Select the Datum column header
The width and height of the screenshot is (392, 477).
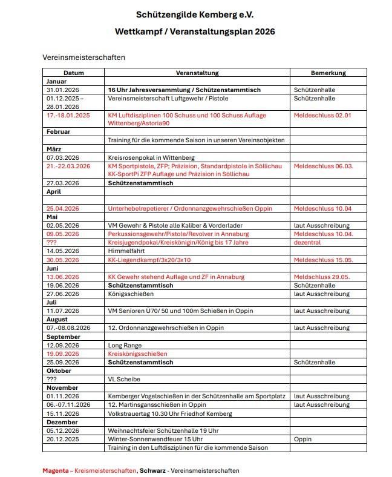(x=74, y=73)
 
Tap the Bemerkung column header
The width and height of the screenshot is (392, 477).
(x=330, y=73)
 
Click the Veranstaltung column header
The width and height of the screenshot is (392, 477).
(x=198, y=73)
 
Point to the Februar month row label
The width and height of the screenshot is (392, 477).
(x=59, y=131)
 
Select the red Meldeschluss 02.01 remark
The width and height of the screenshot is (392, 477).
(x=322, y=115)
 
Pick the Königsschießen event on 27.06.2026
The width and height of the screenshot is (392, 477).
(x=131, y=294)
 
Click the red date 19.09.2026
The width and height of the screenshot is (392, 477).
(x=64, y=354)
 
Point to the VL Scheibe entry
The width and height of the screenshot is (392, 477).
(x=124, y=379)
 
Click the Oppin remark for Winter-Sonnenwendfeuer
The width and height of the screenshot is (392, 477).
(x=303, y=439)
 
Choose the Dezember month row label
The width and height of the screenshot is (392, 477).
(x=61, y=422)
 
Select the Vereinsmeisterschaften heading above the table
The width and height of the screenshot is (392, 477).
(x=83, y=58)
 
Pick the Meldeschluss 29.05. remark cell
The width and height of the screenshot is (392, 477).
(x=323, y=277)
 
